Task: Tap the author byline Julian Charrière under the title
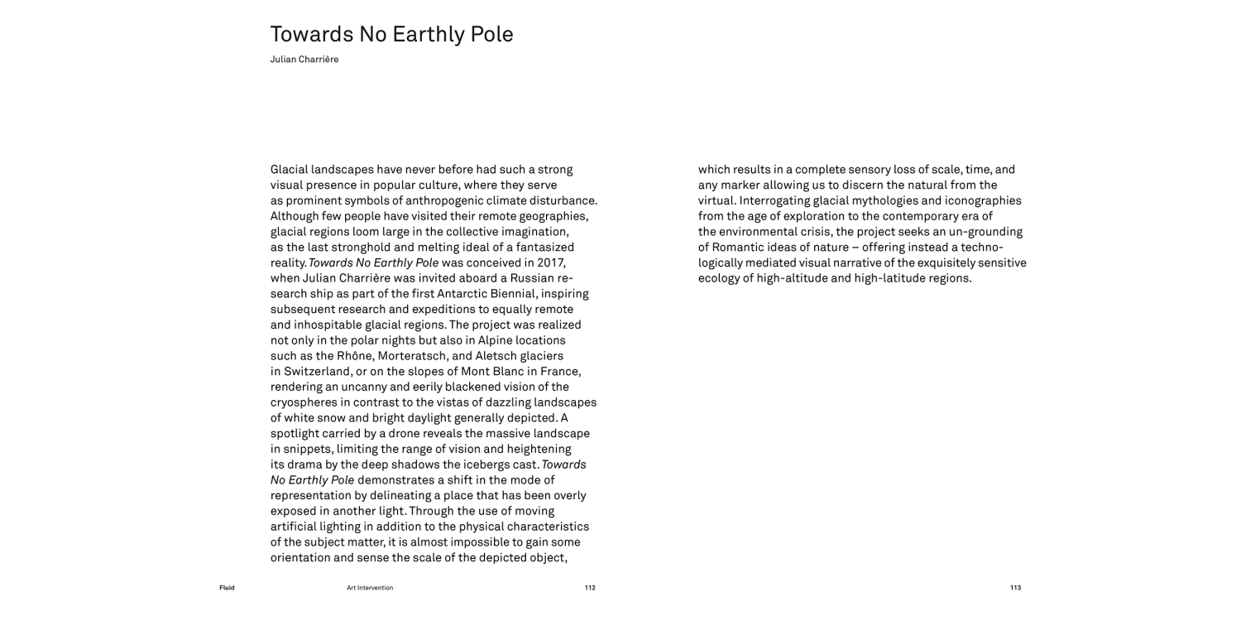tap(304, 60)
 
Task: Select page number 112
tap(590, 588)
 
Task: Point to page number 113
tap(1015, 588)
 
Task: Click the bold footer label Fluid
tap(227, 588)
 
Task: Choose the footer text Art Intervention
tap(370, 588)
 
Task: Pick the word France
tap(560, 371)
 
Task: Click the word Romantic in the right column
tap(740, 247)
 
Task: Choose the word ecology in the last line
tap(721, 278)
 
